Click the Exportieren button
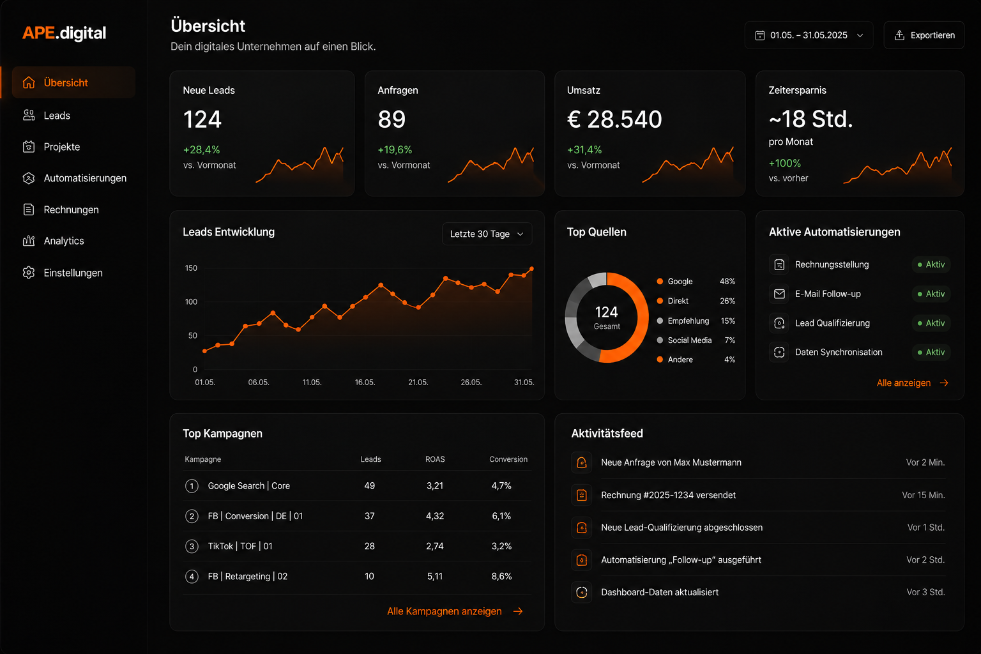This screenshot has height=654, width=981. pos(924,35)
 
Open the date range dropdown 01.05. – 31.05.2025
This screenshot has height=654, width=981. pos(809,35)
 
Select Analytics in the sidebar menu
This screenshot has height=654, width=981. pos(63,241)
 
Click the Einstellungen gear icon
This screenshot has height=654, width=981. pos(29,273)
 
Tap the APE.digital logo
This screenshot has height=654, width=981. pos(65,33)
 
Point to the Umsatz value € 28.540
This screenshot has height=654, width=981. pos(614,119)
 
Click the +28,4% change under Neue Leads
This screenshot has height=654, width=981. pos(201,150)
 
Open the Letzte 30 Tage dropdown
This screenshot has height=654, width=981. pos(487,234)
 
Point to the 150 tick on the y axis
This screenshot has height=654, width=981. pos(191,268)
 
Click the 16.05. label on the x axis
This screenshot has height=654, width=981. pos(365,383)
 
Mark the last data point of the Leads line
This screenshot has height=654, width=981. pos(531,268)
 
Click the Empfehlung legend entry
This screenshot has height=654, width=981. pos(688,321)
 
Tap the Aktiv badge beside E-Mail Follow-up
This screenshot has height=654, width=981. pos(931,294)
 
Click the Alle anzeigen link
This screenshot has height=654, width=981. pos(912,383)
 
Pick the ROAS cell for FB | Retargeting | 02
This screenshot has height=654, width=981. pos(435,577)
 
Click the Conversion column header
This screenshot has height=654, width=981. pos(508,459)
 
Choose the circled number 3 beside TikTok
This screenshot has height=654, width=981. pos(192,546)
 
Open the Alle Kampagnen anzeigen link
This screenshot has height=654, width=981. pos(455,611)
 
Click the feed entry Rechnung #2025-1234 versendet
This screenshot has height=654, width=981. pos(668,495)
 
